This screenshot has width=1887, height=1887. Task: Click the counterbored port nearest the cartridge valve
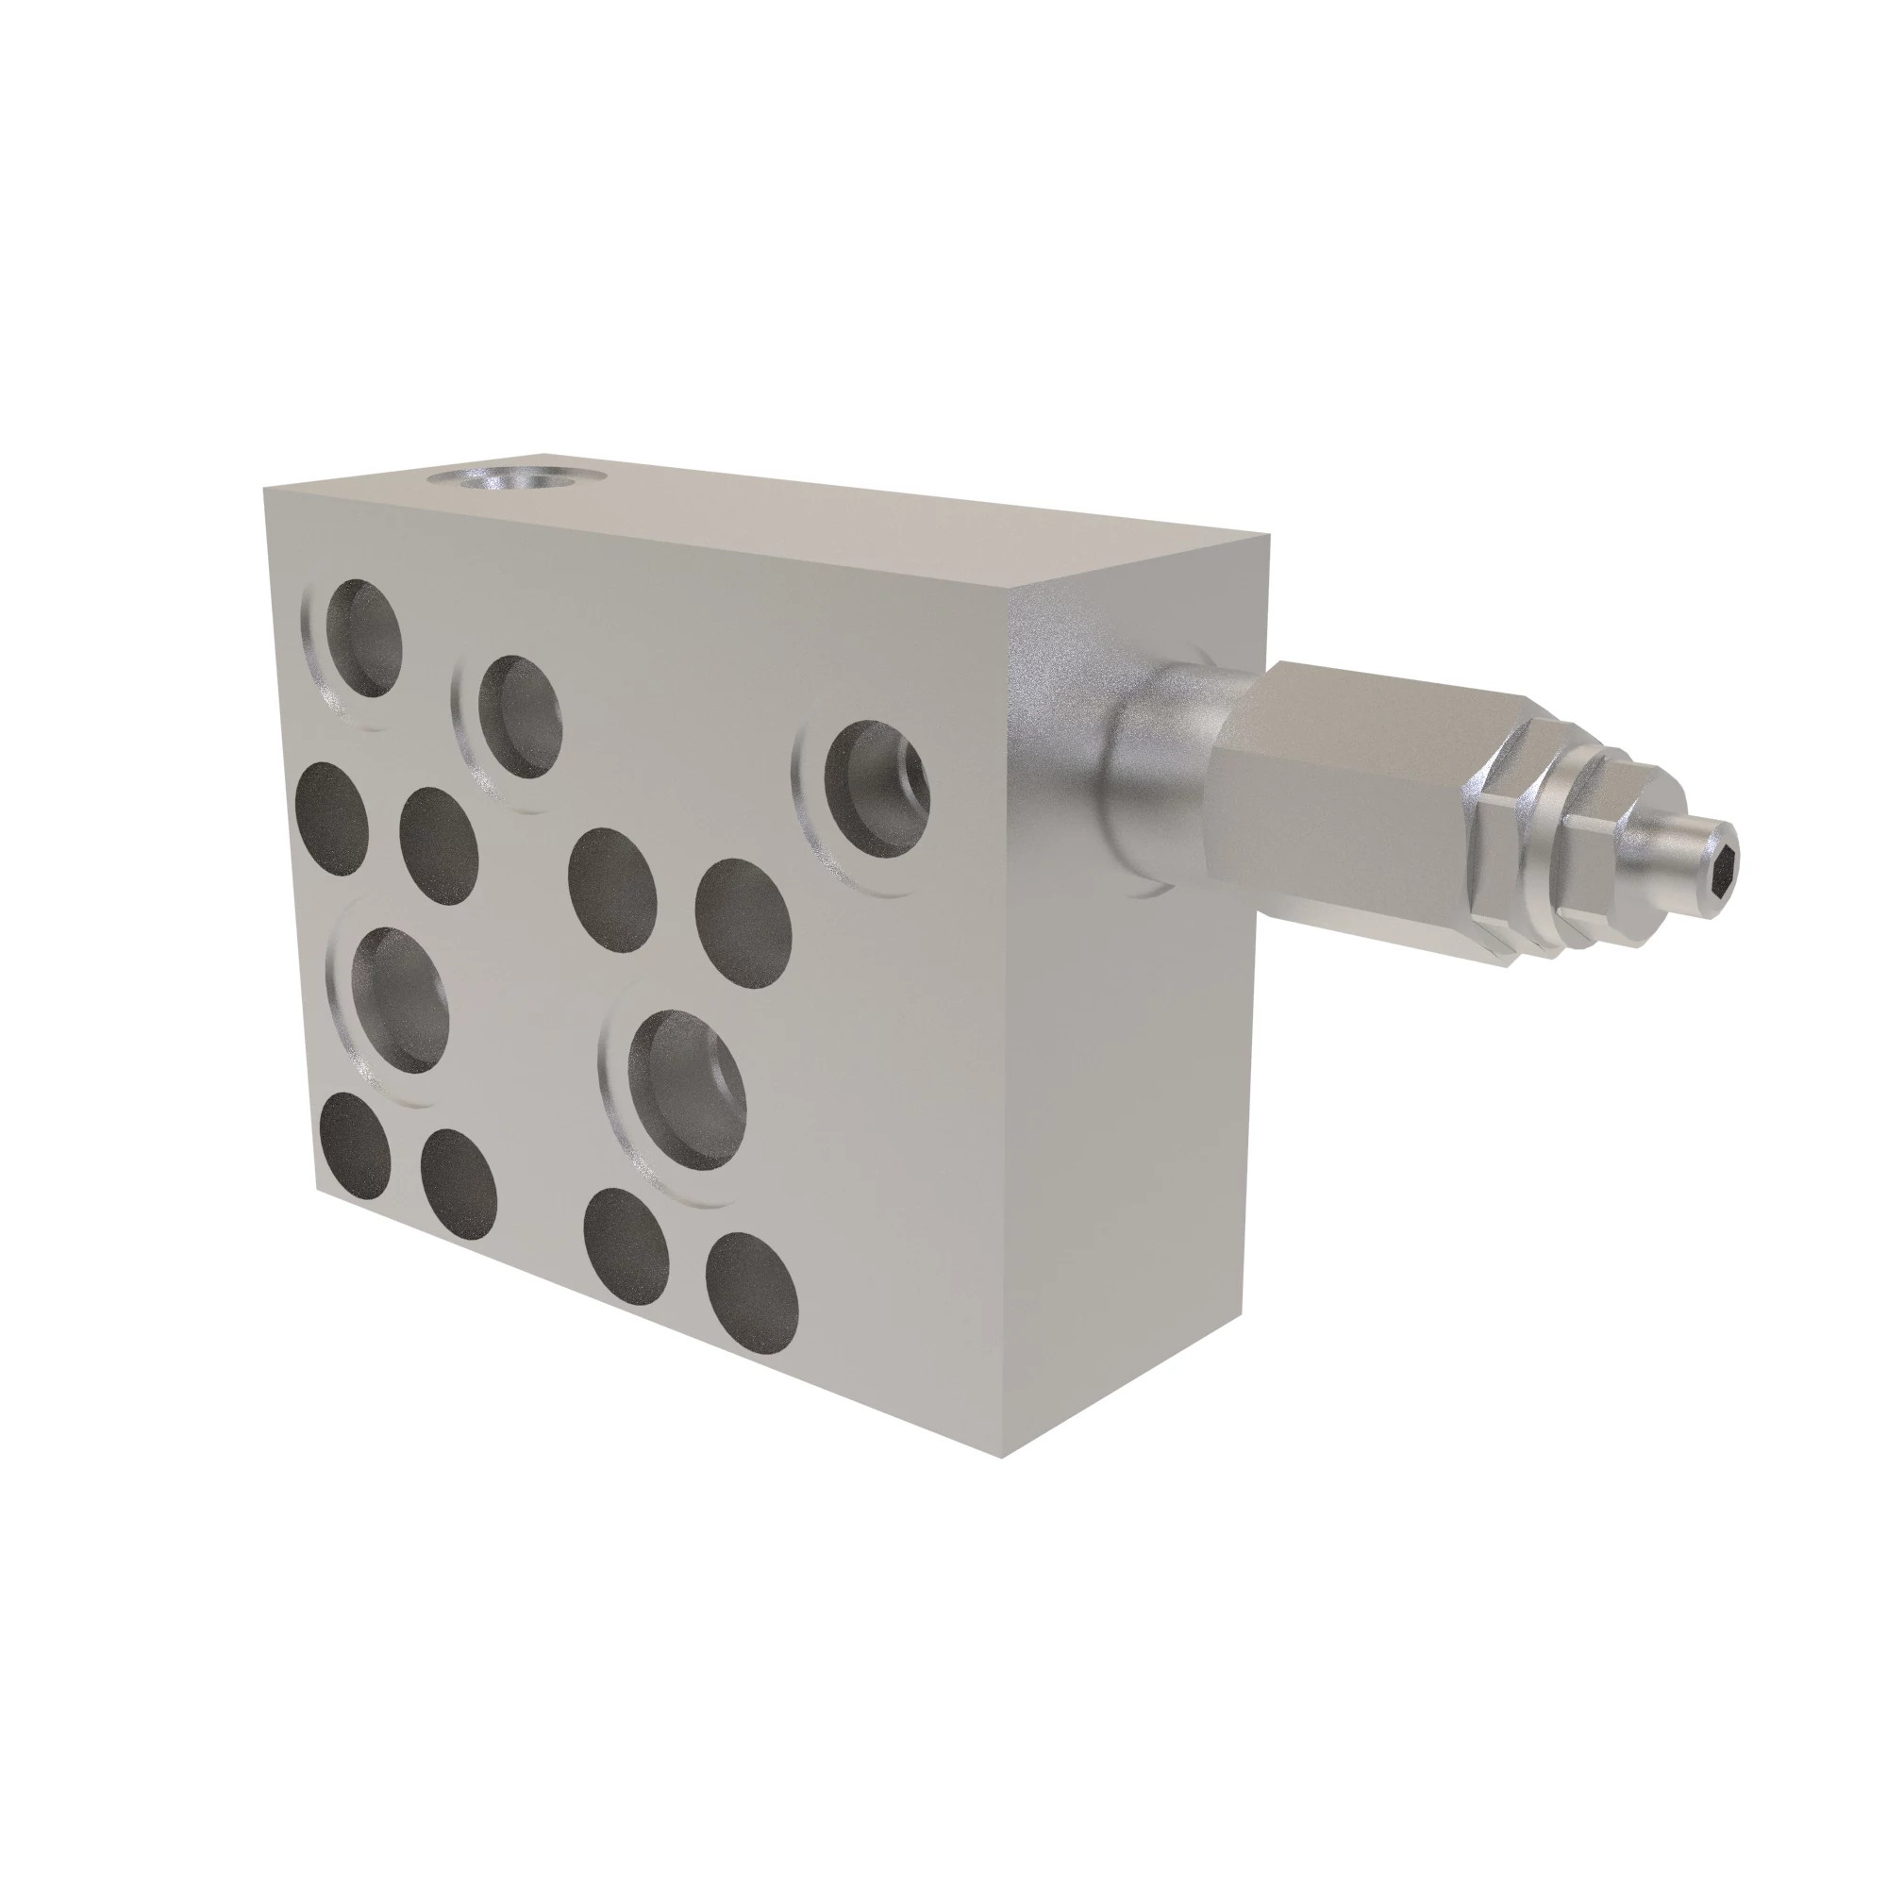tap(875, 787)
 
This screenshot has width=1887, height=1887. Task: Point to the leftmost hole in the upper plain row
tap(332, 818)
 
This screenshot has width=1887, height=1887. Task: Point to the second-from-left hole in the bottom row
tap(459, 1184)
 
